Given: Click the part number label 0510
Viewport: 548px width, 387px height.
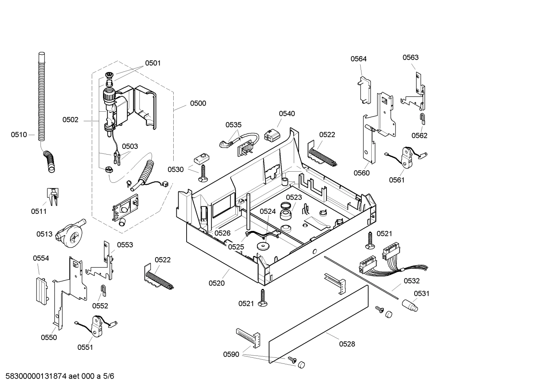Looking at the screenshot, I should [19, 134].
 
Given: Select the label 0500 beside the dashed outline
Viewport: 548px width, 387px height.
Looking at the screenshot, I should [198, 103].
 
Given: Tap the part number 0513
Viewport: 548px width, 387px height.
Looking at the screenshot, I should [44, 234].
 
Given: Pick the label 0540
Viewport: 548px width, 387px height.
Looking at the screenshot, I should [287, 114].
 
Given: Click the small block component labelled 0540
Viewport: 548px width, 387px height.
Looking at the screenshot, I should [271, 134].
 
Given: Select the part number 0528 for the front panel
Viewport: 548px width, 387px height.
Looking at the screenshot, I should [347, 344].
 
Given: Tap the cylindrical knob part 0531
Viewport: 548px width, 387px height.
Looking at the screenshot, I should [410, 305].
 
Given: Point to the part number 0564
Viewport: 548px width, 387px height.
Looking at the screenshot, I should [358, 58].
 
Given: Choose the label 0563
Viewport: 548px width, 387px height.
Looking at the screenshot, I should [410, 57].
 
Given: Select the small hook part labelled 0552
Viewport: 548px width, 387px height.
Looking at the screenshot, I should [103, 290].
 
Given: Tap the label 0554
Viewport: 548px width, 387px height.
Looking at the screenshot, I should [41, 258].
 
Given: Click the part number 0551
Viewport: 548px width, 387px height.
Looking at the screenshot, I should [85, 347].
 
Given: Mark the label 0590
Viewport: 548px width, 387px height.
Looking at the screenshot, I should [231, 354].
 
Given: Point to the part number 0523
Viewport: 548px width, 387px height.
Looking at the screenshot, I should [294, 197].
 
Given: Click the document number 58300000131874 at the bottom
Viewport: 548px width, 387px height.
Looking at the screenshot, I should [36, 376].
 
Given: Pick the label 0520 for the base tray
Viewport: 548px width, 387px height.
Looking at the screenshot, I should [216, 283].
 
